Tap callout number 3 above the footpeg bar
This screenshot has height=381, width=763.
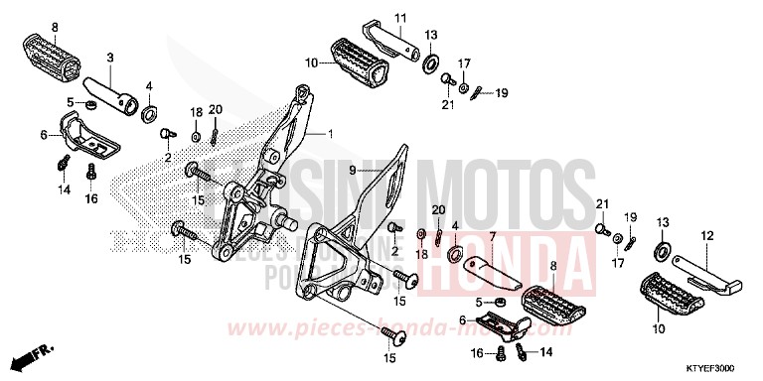(110, 58)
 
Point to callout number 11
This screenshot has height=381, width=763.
(402, 18)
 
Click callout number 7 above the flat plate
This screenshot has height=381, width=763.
(490, 236)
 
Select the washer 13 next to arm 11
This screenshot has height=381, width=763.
(432, 65)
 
